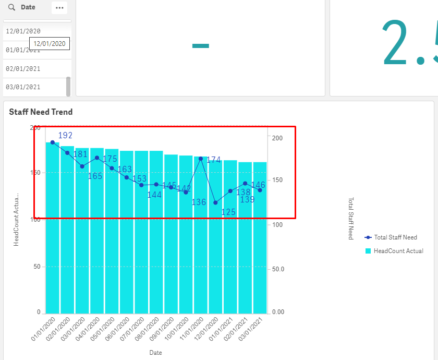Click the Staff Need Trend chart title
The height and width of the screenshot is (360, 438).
(41, 112)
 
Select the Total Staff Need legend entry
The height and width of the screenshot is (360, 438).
(395, 237)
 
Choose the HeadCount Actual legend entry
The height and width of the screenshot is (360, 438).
(398, 251)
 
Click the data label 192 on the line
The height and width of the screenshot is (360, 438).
(65, 136)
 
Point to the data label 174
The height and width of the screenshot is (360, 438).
(214, 160)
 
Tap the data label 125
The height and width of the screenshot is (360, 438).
(228, 212)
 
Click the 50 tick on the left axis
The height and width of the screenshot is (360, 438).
(36, 267)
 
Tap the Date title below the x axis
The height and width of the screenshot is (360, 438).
(156, 353)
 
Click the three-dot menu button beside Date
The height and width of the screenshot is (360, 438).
(59, 8)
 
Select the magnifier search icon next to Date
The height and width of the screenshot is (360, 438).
(11, 8)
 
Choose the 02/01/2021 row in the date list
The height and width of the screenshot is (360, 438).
(23, 68)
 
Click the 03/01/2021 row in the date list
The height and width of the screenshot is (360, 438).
(23, 87)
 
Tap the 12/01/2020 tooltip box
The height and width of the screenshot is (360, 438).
(50, 44)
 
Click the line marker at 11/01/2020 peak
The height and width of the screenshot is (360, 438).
(201, 159)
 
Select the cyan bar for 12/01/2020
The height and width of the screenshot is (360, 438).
(215, 261)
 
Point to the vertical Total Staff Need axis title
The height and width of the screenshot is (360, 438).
(351, 219)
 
